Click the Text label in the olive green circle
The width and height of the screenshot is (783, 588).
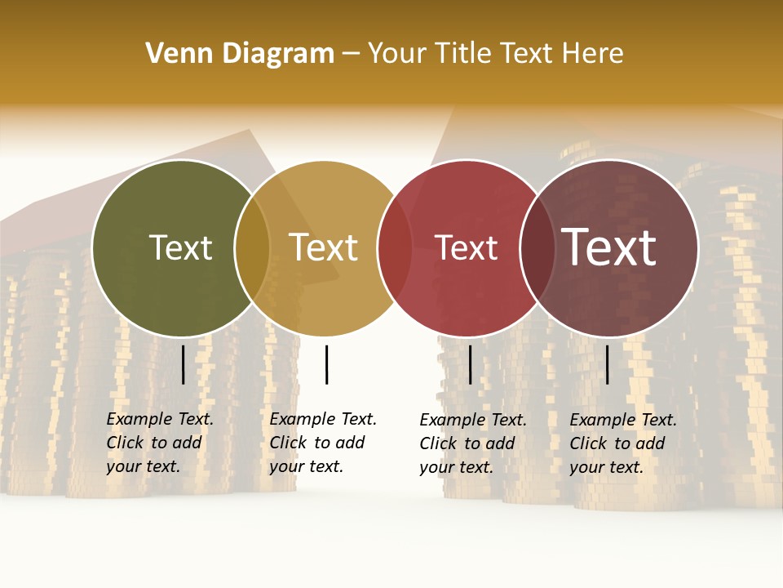180,247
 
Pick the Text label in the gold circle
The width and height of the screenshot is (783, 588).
324,247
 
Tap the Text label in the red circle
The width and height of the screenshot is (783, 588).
466,247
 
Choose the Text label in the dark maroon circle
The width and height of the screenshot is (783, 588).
609,247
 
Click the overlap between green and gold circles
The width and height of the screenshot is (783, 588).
252,247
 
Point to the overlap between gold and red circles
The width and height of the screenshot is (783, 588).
395,247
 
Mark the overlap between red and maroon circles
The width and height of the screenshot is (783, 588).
537,247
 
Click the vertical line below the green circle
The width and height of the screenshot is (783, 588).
184,364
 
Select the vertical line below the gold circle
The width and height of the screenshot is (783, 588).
326,364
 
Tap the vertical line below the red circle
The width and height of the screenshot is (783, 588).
471,364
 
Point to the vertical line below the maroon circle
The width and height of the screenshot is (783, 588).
608,364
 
